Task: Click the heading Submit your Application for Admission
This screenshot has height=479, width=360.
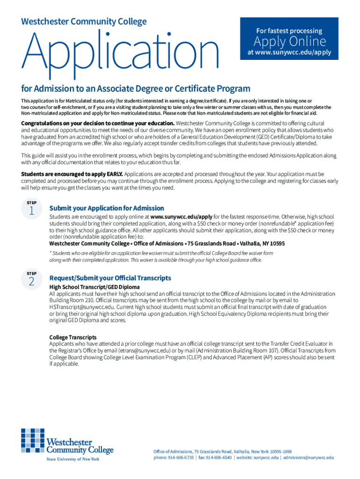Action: point(107,208)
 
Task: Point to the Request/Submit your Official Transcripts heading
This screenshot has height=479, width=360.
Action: point(110,278)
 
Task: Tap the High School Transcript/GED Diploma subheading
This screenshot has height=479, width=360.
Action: point(94,287)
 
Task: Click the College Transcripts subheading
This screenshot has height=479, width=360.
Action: point(73,337)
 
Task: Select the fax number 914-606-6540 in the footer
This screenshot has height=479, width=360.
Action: point(219,457)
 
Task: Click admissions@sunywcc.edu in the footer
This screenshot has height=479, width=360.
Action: point(309,457)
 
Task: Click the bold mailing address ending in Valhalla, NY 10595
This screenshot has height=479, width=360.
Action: point(167,244)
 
